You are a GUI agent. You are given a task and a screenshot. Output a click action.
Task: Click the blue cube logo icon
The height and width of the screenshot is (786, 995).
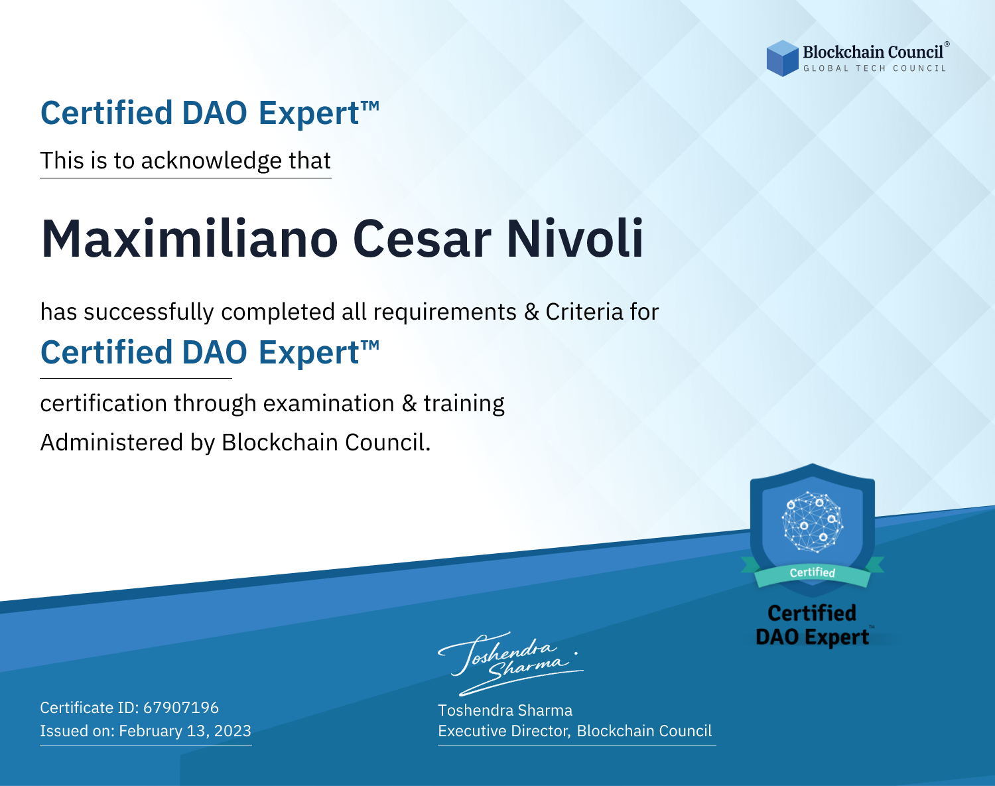(x=782, y=58)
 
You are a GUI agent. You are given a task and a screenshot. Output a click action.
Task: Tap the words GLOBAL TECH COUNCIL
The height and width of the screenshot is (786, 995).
(x=874, y=68)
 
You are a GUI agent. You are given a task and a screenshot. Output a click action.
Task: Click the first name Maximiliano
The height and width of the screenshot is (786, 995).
(x=190, y=239)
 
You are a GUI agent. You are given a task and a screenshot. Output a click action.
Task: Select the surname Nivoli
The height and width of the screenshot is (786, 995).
(x=574, y=239)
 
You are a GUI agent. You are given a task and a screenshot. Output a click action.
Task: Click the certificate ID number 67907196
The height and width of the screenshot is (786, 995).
(x=181, y=707)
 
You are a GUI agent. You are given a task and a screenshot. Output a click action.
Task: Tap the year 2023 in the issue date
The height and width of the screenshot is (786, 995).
(x=233, y=730)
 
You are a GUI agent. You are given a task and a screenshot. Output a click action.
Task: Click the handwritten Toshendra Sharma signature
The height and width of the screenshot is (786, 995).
(x=511, y=663)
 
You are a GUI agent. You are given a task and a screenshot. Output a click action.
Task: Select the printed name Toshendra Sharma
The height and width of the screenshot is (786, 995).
(x=505, y=710)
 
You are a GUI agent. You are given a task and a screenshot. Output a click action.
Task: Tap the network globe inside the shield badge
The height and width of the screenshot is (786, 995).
(x=813, y=521)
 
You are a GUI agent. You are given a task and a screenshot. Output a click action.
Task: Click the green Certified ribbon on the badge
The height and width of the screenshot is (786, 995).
(x=813, y=573)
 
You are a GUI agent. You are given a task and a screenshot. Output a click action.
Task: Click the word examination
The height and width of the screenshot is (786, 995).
(x=329, y=403)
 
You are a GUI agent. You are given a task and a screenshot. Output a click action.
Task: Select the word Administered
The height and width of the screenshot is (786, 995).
(x=111, y=442)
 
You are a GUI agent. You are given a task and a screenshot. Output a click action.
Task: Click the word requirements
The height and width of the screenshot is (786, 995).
(x=445, y=312)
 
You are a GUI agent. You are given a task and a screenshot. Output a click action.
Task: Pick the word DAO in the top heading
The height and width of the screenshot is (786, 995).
(x=214, y=113)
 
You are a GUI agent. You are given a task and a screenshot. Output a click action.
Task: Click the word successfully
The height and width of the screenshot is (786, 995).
(x=149, y=312)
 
